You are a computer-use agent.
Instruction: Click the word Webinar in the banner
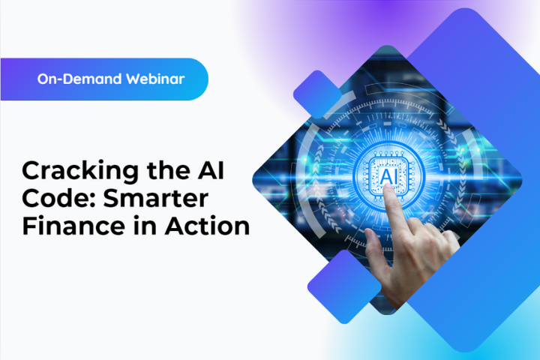pyautogui.click(x=155, y=79)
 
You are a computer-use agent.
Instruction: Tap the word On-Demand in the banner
pyautogui.click(x=79, y=79)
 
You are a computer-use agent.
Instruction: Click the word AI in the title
pyautogui.click(x=211, y=169)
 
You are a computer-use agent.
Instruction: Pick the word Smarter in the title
pyautogui.click(x=156, y=198)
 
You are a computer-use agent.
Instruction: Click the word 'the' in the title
pyautogui.click(x=168, y=169)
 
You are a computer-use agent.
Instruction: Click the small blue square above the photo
pyautogui.click(x=317, y=94)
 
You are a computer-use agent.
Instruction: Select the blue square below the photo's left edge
pyautogui.click(x=344, y=286)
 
